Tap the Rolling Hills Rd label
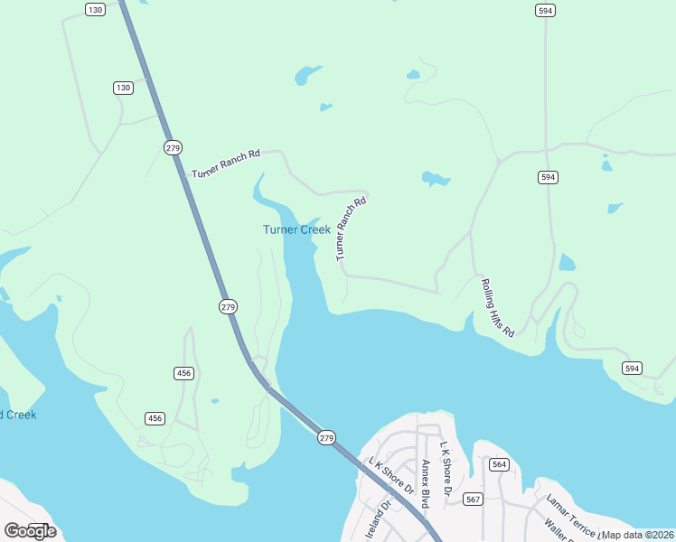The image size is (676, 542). point(496,308)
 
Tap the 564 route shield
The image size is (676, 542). point(500,464)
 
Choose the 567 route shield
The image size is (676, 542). point(473,499)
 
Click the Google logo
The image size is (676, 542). point(30,530)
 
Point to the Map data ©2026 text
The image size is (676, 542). point(637,535)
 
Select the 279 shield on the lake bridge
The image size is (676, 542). point(326,437)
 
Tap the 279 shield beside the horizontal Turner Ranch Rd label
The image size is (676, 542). point(173,146)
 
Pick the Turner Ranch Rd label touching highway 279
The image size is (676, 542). point(226,164)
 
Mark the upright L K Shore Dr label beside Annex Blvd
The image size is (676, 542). point(446,468)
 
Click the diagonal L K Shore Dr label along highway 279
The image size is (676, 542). point(391,476)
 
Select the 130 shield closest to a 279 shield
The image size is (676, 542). point(123,88)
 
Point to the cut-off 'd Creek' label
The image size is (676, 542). point(18,415)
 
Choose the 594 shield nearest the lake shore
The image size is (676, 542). point(632,368)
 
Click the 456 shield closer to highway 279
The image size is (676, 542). point(183,373)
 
